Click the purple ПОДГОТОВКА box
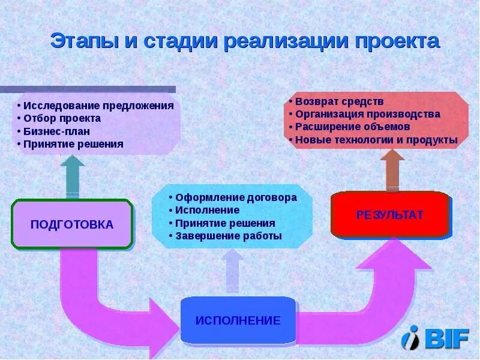point(71,224)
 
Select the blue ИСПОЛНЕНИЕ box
point(238,320)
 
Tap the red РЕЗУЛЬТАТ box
point(389,215)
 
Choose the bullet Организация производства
point(367,114)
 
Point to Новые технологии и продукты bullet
point(376,140)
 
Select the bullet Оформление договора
point(236,197)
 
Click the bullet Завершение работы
point(228,236)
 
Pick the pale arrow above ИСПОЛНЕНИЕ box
point(232,270)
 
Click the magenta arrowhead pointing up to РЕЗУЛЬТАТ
point(393,255)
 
